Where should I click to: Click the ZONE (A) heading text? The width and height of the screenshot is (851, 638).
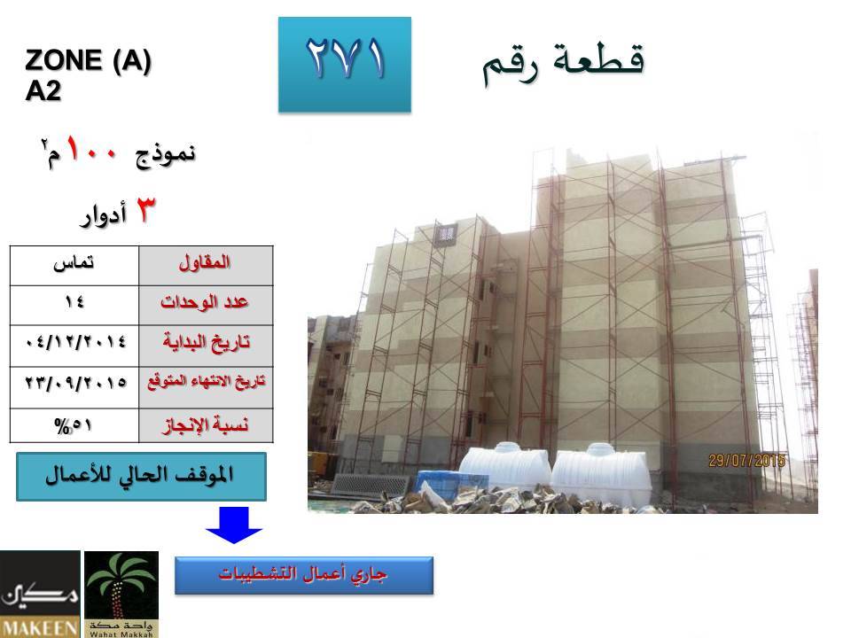[x=88, y=60]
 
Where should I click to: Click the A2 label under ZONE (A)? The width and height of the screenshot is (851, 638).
[x=43, y=90]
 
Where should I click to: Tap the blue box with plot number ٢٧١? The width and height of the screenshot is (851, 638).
[x=345, y=65]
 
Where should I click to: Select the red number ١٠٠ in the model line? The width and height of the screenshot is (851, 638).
[x=91, y=150]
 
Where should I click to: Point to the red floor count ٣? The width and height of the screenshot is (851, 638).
[x=145, y=209]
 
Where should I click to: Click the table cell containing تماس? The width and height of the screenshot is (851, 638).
[x=74, y=265]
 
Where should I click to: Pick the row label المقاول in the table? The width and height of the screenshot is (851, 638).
[x=205, y=263]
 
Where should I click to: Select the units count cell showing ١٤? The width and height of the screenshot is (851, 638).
[x=74, y=305]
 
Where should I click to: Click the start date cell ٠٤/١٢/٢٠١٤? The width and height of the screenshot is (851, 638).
[x=74, y=346]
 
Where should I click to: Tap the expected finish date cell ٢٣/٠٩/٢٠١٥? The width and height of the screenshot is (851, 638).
[x=74, y=387]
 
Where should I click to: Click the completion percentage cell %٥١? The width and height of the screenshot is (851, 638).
[x=74, y=425]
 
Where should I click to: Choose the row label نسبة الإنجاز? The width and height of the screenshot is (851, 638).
[x=206, y=425]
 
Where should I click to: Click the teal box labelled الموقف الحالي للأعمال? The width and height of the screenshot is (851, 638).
[x=141, y=477]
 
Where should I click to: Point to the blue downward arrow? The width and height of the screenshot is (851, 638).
[x=234, y=525]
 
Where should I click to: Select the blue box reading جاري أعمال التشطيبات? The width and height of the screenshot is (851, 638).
[x=304, y=575]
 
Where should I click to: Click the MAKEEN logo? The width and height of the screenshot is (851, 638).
[x=40, y=594]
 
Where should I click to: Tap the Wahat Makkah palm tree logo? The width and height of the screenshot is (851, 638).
[x=121, y=594]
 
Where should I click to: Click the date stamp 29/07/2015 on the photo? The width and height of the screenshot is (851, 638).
[x=746, y=461]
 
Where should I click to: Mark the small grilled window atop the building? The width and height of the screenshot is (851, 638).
[x=446, y=234]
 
